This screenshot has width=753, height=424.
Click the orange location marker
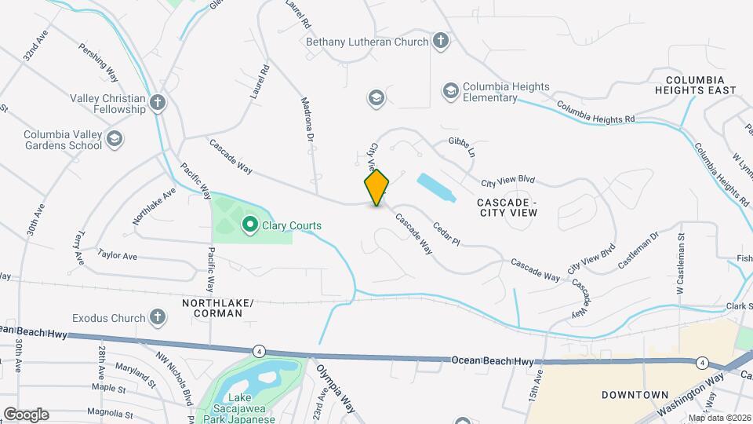pos(377,188)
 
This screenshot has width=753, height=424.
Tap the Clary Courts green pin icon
pos(250,226)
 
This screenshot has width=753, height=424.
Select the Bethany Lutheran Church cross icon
pos(441,42)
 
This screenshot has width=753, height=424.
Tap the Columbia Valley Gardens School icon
pos(115,140)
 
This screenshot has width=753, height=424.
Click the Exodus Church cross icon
pos(158,318)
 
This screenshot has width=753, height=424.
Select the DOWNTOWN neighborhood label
pos(635,395)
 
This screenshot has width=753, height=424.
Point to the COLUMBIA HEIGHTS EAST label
pos(700,86)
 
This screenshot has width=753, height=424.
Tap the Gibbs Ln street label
pos(462,146)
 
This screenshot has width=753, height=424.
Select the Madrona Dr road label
pos(308,120)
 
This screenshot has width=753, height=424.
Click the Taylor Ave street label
pos(118,256)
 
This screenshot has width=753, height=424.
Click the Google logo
pos(26,414)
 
